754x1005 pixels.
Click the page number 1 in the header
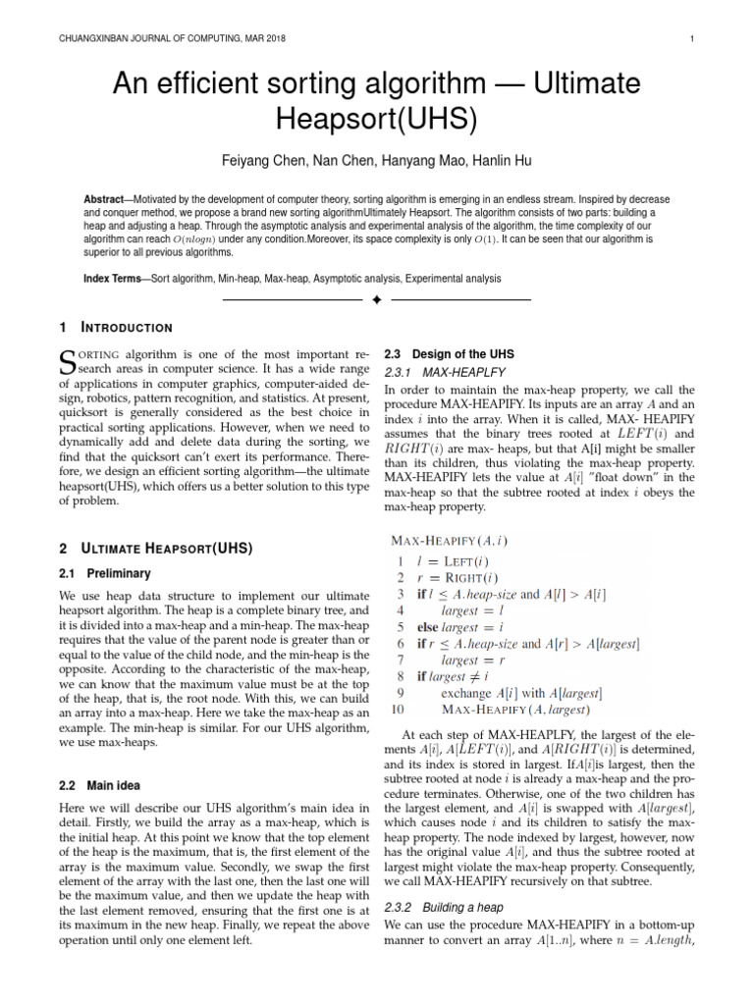(x=692, y=39)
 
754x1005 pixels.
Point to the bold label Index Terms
(x=112, y=279)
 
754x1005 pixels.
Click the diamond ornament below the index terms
(x=376, y=298)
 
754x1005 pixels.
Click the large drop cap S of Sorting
(x=68, y=362)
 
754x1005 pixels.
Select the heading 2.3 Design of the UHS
(x=449, y=353)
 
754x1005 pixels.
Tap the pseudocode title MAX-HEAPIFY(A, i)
(x=450, y=539)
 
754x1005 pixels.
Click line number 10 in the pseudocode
(x=398, y=708)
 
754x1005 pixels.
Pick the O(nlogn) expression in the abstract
(x=197, y=238)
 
